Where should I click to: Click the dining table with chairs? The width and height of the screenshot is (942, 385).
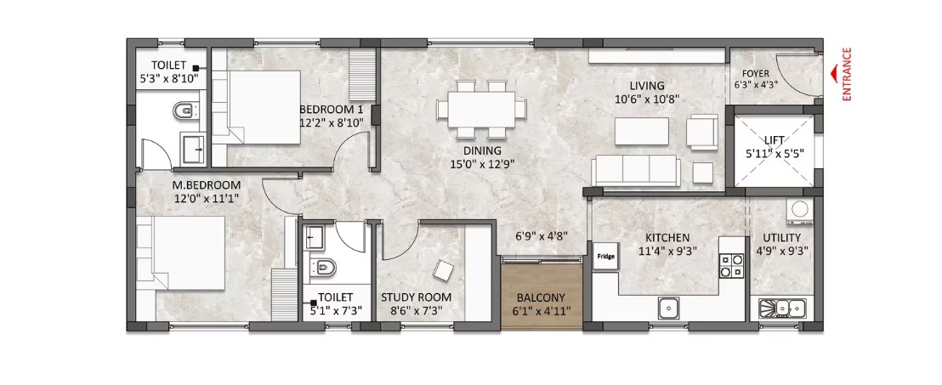(481, 110)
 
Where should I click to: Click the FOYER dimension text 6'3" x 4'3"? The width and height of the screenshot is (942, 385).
(755, 85)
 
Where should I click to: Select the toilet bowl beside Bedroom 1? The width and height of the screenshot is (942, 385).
(184, 110)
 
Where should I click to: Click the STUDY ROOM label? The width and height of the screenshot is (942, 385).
(417, 297)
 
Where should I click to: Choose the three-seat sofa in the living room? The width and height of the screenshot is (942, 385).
(636, 171)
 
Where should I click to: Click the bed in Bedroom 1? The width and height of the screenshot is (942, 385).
(257, 107)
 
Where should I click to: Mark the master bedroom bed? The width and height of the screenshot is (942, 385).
(181, 253)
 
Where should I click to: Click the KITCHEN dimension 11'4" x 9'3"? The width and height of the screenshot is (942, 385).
(667, 251)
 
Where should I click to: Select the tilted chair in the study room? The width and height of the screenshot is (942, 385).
(443, 269)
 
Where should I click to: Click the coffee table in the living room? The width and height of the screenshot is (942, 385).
(642, 132)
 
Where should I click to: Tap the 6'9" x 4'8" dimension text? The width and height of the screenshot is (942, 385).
(542, 236)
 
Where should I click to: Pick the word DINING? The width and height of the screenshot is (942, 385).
(482, 151)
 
